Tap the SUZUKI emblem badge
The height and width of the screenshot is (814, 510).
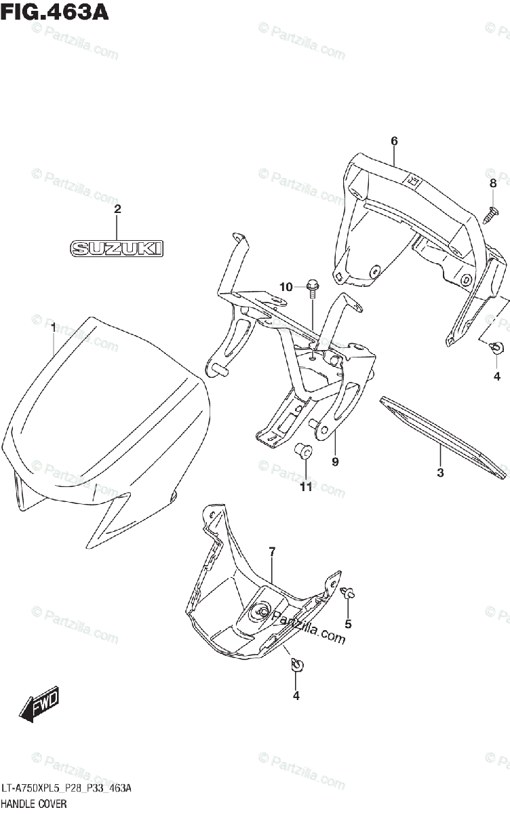(117, 249)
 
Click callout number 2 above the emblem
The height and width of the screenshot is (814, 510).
(117, 209)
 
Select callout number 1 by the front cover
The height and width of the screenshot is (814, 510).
(53, 328)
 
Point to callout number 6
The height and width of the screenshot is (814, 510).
(393, 141)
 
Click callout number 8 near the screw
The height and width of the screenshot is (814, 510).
(493, 183)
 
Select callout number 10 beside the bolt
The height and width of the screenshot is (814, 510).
(286, 288)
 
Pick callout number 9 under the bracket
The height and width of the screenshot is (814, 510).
(335, 462)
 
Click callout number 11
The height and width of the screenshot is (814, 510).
(306, 487)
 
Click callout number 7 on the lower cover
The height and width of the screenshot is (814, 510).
(271, 552)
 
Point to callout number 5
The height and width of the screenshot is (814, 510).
(348, 623)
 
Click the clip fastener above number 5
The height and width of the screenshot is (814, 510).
(348, 592)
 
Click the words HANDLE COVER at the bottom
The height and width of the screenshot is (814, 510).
(34, 804)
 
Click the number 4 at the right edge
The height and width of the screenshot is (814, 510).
(496, 376)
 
